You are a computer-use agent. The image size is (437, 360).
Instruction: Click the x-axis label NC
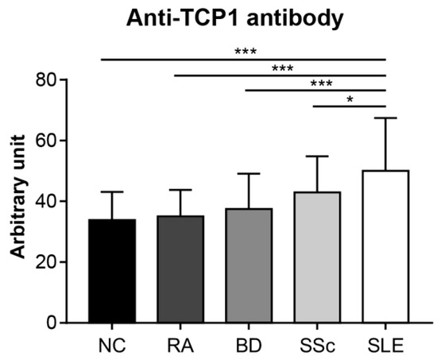tap(111, 346)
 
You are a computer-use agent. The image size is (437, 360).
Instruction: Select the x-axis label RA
tap(180, 346)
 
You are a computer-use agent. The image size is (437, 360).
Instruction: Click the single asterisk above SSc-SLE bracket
tap(350, 99)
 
